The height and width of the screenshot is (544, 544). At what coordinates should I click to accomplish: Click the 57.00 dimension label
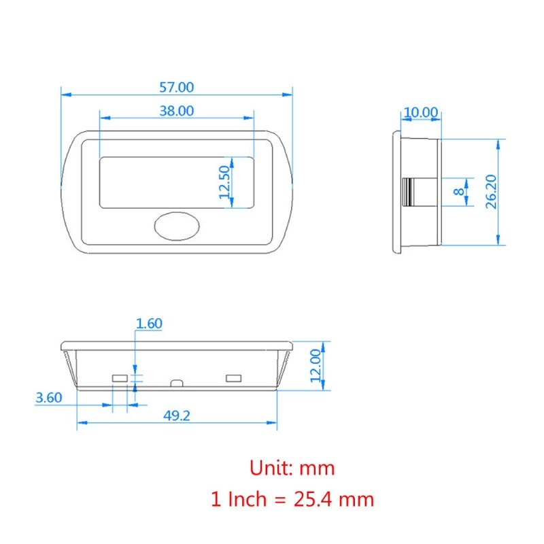click(x=176, y=87)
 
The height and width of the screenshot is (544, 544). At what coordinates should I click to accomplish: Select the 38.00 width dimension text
click(x=176, y=111)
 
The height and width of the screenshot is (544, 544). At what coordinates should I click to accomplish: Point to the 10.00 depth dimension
click(x=420, y=112)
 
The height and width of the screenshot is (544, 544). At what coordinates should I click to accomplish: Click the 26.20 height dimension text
click(x=492, y=191)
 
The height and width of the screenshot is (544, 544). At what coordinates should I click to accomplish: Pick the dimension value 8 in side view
click(x=459, y=192)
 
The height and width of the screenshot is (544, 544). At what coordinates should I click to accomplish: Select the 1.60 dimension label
click(x=149, y=324)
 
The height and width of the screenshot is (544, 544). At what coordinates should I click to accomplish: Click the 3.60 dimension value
click(x=50, y=398)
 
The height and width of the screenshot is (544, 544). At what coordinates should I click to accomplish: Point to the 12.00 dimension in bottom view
click(x=315, y=366)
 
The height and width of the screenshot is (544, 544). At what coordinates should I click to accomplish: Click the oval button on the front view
click(x=176, y=226)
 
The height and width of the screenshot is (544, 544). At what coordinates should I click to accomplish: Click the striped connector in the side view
click(x=409, y=192)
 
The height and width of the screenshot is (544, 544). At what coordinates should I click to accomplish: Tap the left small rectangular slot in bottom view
click(x=120, y=377)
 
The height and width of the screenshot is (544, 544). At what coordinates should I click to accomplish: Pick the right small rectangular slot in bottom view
click(x=234, y=377)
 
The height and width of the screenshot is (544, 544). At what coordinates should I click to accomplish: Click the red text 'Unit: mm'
click(x=292, y=468)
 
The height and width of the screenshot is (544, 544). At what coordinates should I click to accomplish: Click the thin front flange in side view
click(x=396, y=192)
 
